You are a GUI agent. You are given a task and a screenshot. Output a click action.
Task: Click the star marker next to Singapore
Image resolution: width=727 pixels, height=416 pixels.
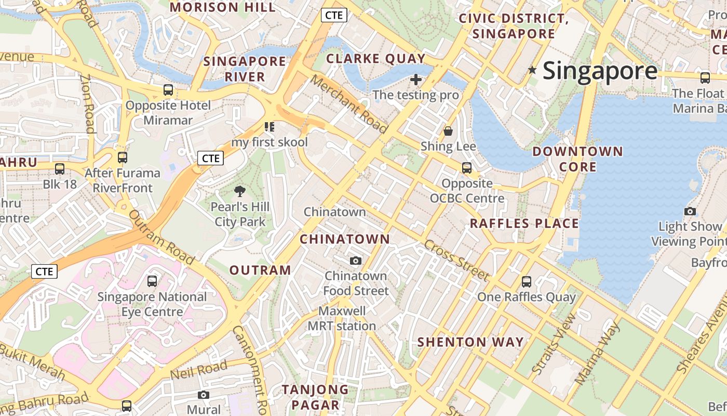coord(532,70)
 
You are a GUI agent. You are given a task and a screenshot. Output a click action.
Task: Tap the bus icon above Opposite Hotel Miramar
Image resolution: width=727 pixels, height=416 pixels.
coord(168,89)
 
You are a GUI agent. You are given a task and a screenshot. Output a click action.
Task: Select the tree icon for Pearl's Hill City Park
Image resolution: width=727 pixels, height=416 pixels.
coord(239,191)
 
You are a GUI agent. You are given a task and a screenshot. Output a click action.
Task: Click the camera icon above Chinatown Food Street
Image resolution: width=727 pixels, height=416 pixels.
coord(356,261)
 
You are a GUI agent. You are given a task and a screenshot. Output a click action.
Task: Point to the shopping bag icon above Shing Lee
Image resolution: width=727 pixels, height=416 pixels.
coord(448,131)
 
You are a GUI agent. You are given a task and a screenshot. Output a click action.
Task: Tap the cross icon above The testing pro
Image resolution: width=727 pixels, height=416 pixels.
coord(415,80)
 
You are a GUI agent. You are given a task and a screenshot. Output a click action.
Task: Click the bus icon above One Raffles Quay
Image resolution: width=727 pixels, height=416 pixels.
coord(526,282)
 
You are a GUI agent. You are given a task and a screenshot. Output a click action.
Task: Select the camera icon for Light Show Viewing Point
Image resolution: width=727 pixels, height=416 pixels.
coord(690,211)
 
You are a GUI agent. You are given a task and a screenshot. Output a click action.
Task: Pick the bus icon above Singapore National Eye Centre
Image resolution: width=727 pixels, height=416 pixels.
coord(152,281)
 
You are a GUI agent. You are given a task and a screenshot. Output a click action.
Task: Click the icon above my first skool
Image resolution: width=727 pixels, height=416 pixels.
coord(269,127)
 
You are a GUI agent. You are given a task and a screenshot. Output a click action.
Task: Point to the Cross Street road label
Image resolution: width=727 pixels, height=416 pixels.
coord(456,261)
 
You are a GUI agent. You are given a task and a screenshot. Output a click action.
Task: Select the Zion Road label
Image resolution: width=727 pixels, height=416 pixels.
coord(87,103)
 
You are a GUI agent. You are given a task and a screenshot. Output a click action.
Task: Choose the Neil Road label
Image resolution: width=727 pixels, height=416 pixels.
coord(199,370)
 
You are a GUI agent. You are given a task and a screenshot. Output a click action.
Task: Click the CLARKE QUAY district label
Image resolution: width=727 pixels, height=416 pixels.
coord(376,58)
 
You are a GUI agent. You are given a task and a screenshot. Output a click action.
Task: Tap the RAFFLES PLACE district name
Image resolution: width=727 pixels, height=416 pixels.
coord(524,224)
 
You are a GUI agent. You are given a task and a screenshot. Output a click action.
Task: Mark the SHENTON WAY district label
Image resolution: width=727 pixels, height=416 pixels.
coord(470,342)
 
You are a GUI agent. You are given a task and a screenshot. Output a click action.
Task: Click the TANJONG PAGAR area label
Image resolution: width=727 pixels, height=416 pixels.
coord(315,397)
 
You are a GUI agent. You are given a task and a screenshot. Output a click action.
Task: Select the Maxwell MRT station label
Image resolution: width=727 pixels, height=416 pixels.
coord(342,319)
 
